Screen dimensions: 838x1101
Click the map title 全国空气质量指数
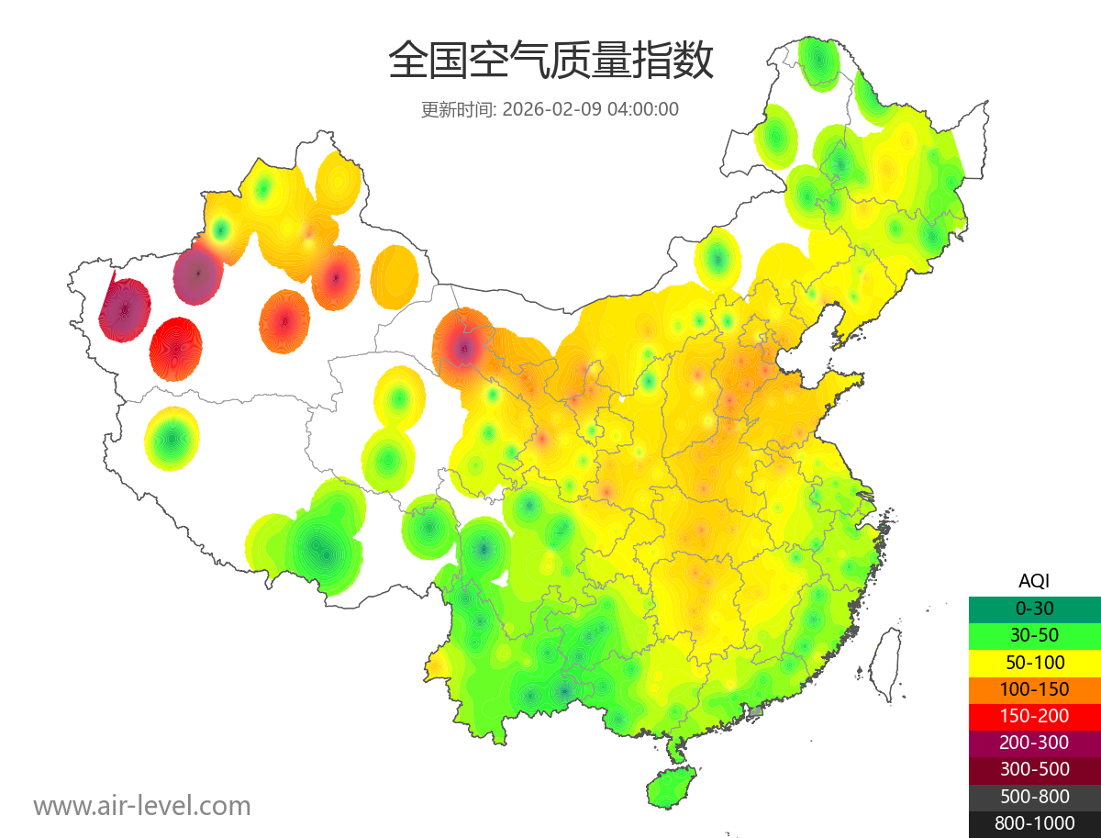(x=550, y=62)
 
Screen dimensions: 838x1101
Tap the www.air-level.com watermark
(x=142, y=806)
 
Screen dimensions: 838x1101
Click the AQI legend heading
(x=1034, y=581)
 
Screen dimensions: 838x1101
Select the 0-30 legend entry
(x=1034, y=608)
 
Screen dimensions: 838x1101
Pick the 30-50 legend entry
(x=1034, y=634)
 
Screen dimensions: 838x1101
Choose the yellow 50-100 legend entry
(x=1034, y=662)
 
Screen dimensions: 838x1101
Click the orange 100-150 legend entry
(x=1034, y=688)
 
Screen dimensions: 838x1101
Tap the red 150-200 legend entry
(x=1034, y=715)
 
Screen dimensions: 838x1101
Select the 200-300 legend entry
(x=1034, y=742)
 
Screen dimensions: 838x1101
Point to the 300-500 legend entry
(x=1034, y=769)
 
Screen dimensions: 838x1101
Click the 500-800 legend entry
(x=1034, y=796)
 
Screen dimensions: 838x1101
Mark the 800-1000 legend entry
(x=1034, y=823)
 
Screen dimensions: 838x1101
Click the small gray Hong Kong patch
(x=756, y=711)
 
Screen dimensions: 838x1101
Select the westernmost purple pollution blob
(x=125, y=310)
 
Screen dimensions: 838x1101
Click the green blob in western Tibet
(x=172, y=439)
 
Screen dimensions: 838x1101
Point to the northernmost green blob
(x=818, y=62)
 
